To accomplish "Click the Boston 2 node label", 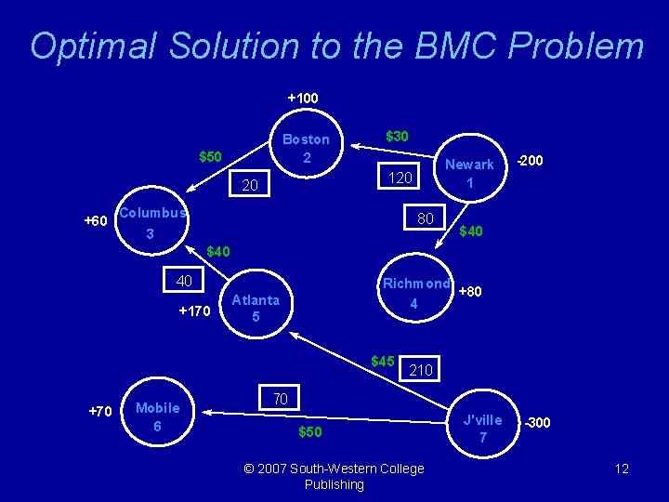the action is [x=306, y=148].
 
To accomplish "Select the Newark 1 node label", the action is [x=469, y=174].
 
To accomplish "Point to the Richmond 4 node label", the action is [x=415, y=293].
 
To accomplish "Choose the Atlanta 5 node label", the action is [x=256, y=309].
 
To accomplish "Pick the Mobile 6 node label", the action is [x=157, y=416].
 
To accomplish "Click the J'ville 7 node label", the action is [x=482, y=429].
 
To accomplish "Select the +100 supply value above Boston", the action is [x=302, y=98].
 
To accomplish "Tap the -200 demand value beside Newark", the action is [x=530, y=161].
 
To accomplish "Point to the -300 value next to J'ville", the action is [x=537, y=423].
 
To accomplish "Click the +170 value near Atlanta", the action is [x=194, y=310].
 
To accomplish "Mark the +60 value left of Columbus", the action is [x=96, y=221].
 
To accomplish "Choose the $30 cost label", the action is [x=396, y=136].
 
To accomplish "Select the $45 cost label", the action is [x=383, y=361].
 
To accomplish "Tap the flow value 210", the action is [x=422, y=370].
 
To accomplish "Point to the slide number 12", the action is [x=622, y=469].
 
